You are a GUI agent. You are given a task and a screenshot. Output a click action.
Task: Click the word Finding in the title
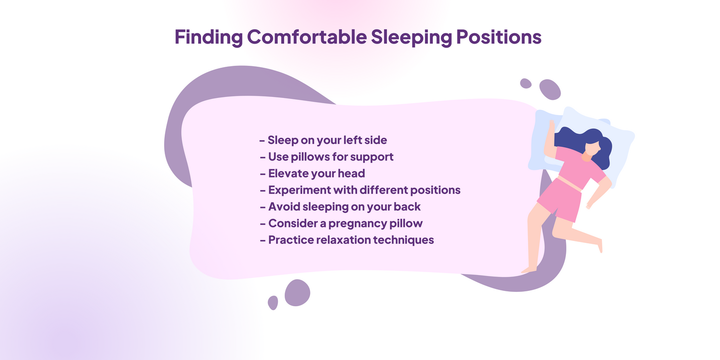pyautogui.click(x=209, y=37)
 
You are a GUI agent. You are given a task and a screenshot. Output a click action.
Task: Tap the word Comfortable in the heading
pyautogui.click(x=307, y=36)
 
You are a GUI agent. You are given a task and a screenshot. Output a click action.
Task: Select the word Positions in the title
pyautogui.click(x=499, y=37)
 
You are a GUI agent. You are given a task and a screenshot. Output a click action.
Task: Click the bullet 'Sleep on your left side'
pyautogui.click(x=324, y=140)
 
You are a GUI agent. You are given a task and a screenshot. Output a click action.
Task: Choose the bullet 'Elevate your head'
pyautogui.click(x=313, y=174)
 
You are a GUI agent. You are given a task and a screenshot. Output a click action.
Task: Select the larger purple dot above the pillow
pyautogui.click(x=550, y=89)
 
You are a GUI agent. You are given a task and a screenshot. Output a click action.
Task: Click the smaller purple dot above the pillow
pyautogui.click(x=526, y=83)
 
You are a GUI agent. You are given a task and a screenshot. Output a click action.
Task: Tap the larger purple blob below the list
pyautogui.click(x=297, y=292)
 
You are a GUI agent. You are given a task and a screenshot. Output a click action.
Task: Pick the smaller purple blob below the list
pyautogui.click(x=273, y=303)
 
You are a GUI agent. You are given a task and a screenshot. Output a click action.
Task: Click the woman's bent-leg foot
pyautogui.click(x=600, y=245)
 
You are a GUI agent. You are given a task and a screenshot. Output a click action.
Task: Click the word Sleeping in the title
pyautogui.click(x=411, y=37)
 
